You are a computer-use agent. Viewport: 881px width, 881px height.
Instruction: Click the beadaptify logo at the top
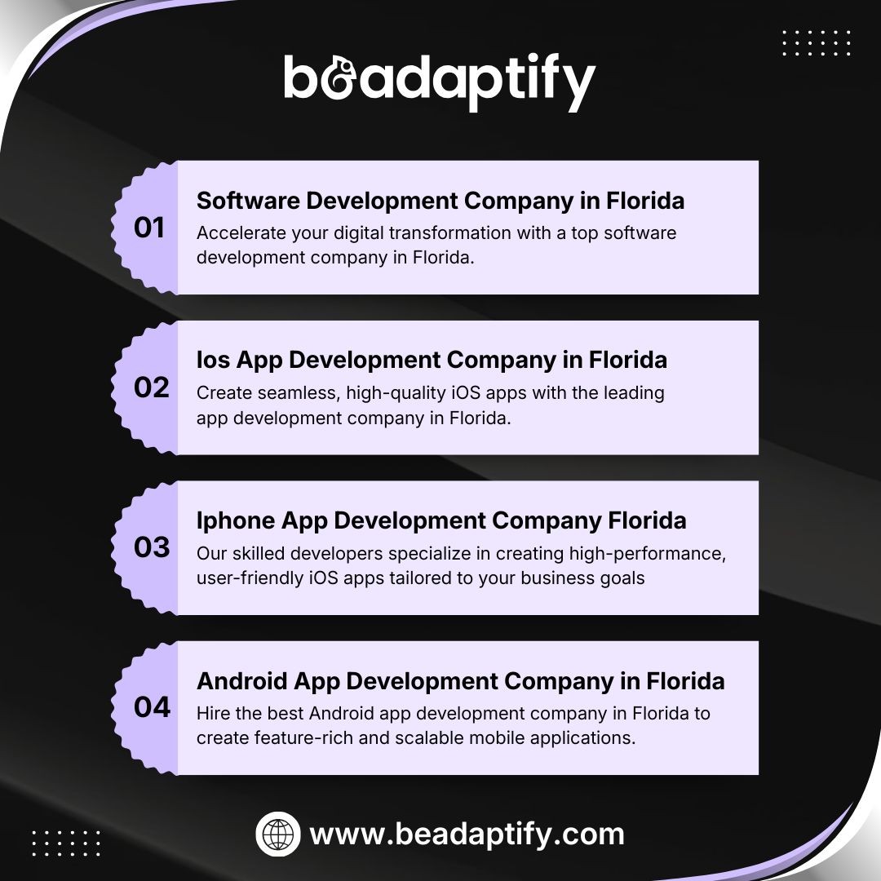point(440,82)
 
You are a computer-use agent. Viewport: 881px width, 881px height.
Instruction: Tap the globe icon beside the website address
point(278,834)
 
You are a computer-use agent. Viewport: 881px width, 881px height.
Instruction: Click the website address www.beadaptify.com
point(467,834)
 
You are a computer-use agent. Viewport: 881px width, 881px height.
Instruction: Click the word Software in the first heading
point(248,201)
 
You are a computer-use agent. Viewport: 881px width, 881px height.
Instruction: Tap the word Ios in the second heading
point(213,360)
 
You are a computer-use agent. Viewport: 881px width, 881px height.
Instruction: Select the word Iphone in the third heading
point(236,520)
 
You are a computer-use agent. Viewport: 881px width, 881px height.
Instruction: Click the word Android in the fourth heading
point(242,681)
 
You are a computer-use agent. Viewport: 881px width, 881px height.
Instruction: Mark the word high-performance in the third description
point(647,553)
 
